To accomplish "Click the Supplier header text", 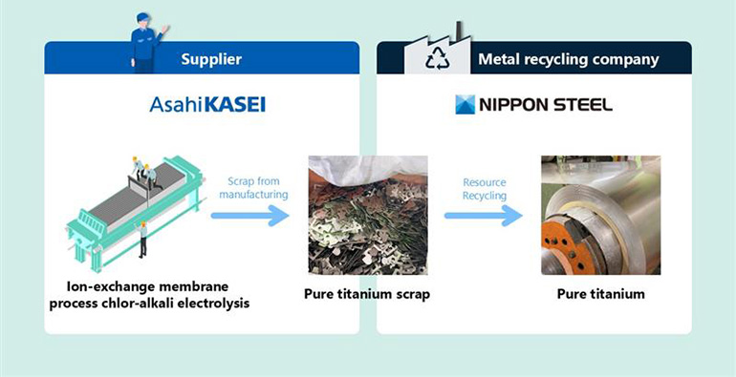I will point(211,59).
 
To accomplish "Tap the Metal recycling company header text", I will point(568,59).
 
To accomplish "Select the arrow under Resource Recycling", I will point(484,216).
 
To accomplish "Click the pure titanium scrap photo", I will point(367,216).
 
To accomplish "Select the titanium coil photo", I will point(599,215).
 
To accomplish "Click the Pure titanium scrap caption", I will point(366,294).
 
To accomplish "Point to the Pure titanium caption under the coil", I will point(600,294).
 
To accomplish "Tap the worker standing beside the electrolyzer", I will point(142,238).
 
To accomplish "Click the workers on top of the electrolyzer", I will point(144,172).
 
